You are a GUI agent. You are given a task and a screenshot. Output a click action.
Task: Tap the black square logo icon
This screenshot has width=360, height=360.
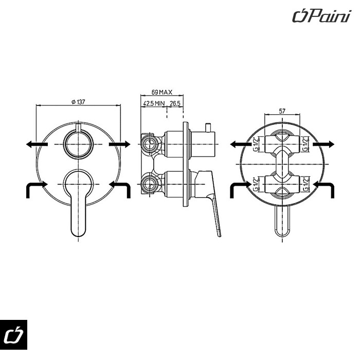pos(13,335)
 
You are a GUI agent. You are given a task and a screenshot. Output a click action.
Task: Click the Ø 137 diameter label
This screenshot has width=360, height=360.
pos(78,102)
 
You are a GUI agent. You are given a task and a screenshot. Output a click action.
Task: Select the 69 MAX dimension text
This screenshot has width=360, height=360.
pos(161,93)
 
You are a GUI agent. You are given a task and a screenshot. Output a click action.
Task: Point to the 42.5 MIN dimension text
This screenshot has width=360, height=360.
pos(154,103)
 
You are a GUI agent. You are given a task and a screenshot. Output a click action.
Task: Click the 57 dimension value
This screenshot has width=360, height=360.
pos(281,111)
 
